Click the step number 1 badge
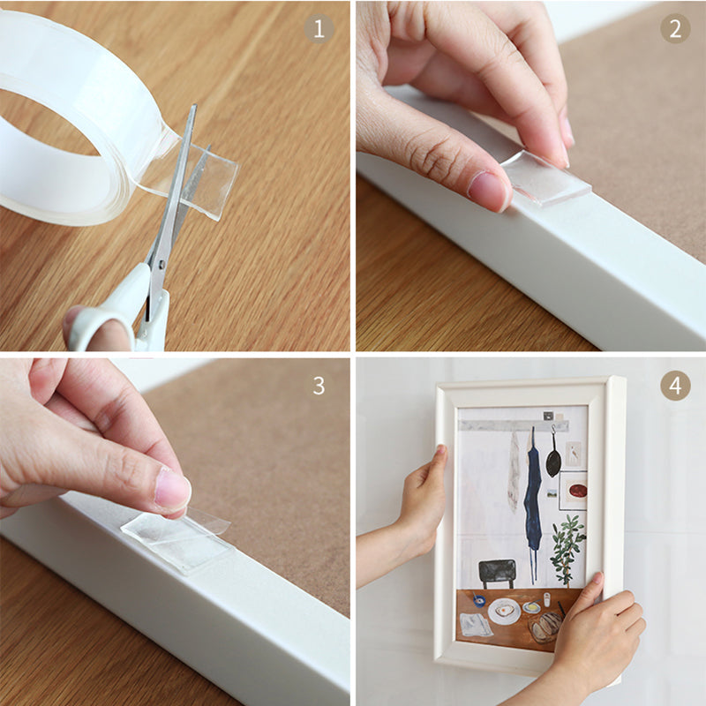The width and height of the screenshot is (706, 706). coord(319,28)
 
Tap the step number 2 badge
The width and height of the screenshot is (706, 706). coord(675,28)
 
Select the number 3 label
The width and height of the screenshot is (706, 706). coord(319,385)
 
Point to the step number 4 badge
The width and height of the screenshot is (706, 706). coord(675,385)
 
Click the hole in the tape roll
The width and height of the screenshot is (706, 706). coord(40,124)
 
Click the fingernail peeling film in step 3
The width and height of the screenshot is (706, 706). coord(172,489)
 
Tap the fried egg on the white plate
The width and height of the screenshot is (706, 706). coord(505,609)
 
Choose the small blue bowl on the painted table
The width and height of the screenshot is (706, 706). coord(477,600)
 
